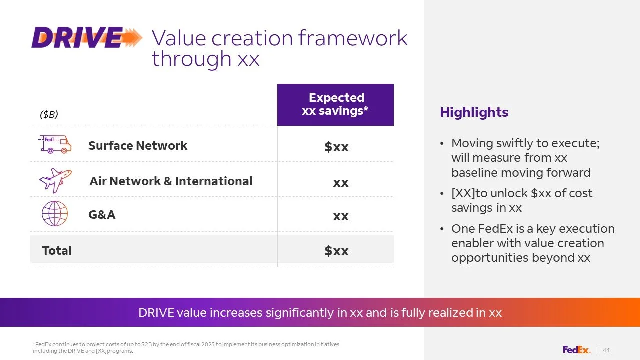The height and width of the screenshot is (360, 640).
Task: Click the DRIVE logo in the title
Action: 87,37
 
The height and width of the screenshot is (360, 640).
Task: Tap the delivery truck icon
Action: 55,144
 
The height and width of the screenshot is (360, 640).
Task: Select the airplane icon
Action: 55,180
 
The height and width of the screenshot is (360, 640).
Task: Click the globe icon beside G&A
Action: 55,213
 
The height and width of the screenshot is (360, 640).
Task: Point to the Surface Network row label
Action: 138,145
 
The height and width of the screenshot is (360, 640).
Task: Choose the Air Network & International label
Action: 171,181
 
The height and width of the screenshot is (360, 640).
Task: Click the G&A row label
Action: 102,215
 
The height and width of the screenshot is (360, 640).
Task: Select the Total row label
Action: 57,251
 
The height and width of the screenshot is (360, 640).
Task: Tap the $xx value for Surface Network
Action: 336,147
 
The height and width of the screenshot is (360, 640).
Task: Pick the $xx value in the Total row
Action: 336,251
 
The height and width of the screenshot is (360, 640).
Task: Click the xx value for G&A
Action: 341,216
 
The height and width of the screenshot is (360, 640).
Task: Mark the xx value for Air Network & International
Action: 341,183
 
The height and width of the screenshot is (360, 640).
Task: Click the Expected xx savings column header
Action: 335,105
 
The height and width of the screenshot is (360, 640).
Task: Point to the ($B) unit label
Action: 49,114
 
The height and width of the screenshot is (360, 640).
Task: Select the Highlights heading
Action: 474,112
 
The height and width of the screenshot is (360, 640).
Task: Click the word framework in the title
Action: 353,38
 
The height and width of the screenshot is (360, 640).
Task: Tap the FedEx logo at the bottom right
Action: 577,350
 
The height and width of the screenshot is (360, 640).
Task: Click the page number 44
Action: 606,350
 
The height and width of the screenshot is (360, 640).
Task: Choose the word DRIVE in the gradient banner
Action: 156,313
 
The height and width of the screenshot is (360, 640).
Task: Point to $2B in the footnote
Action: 146,344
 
